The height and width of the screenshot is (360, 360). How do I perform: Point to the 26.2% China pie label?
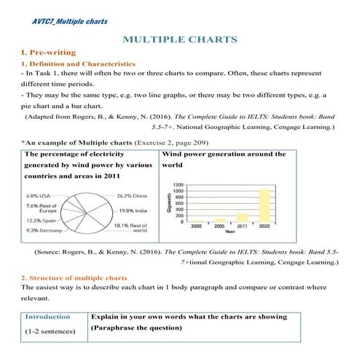(x=132, y=196)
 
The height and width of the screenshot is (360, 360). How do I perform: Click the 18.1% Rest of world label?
(x=133, y=229)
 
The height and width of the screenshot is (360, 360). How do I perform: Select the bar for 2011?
(x=241, y=217)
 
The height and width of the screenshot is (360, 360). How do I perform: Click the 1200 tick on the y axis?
(x=179, y=185)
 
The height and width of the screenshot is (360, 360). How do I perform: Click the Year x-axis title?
(x=230, y=232)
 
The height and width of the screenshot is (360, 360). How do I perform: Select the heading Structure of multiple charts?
(x=74, y=278)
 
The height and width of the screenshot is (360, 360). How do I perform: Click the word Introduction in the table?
(x=47, y=317)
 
